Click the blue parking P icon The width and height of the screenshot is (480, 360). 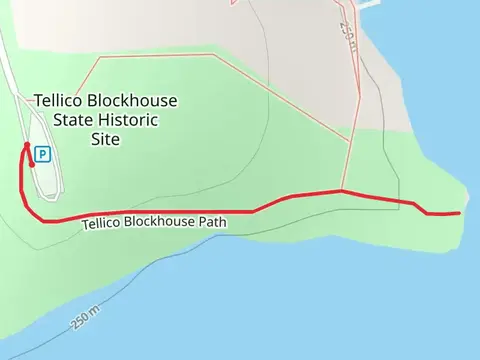[x=42, y=154]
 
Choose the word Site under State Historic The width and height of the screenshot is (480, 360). [x=104, y=139]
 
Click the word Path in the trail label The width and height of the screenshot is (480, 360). [x=212, y=222]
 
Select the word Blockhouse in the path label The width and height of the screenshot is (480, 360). [x=160, y=222]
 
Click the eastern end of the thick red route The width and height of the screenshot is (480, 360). [x=458, y=213]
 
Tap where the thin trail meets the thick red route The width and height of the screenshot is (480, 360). [x=342, y=190]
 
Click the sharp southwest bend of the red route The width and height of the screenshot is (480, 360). [x=42, y=220]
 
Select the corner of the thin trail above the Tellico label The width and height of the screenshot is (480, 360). [x=97, y=57]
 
